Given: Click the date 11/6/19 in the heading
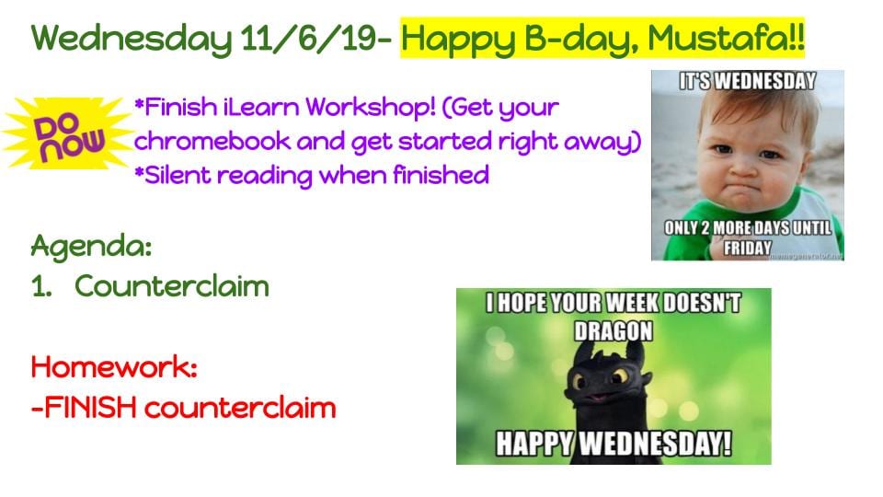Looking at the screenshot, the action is point(308,39).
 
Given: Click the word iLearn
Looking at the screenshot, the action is point(261,107).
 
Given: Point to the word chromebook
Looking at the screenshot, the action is point(212,141).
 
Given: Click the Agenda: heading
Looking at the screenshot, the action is point(91,247).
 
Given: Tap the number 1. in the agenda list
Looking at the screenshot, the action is point(41,286).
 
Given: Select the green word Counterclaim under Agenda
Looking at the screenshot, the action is point(172,285).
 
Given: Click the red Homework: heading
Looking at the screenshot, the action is point(114,367).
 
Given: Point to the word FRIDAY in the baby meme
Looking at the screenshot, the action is point(747,248).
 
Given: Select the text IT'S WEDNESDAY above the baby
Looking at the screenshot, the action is point(747,82).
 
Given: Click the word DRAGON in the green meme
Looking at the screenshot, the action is point(614,330).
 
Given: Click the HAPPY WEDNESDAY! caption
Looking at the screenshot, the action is point(614,444).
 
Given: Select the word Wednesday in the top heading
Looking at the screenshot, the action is point(132,39).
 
